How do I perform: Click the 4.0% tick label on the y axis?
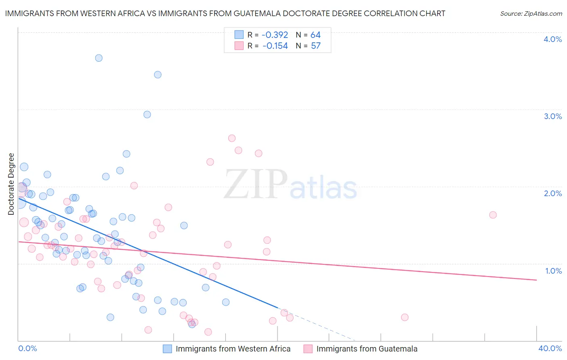pos(552,39)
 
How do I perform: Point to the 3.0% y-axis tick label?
pos(552,116)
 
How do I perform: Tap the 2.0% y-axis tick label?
pos(552,193)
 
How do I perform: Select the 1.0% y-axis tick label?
pos(553,271)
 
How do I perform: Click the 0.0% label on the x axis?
pos(27,348)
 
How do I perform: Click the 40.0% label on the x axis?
pos(550,348)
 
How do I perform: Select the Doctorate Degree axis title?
pos(11,184)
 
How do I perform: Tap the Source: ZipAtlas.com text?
pos(531,13)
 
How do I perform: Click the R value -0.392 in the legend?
pos(275,35)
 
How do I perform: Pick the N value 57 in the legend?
pos(315,46)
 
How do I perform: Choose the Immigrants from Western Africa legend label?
pos(233,349)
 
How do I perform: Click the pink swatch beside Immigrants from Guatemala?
pos(308,349)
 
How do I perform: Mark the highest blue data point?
pos(99,58)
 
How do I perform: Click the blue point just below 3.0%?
pos(147,115)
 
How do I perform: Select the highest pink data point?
pos(232,138)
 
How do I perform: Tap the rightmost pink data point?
pos(493,215)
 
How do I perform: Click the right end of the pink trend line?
pos(536,280)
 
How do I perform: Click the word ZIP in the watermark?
pos(256,184)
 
